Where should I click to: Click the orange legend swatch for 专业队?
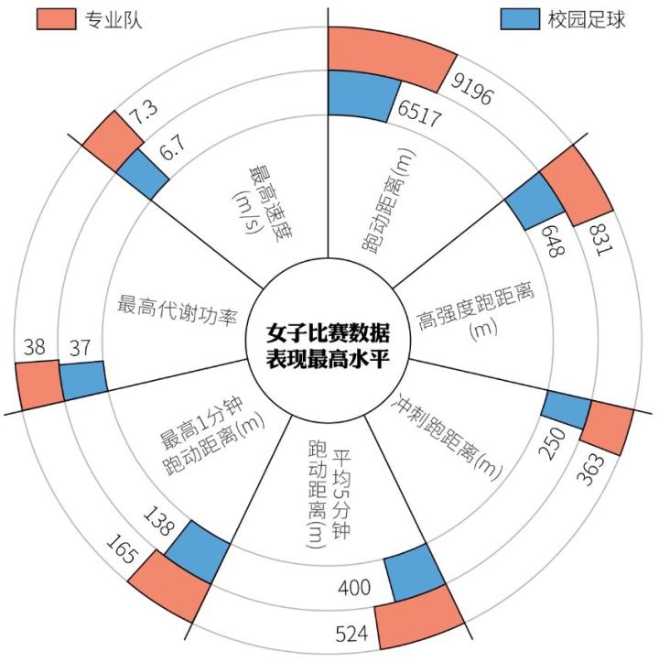point(56,19)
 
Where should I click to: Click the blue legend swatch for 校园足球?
point(520,19)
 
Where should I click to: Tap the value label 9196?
point(471,89)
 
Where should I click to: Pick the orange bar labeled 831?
point(578,186)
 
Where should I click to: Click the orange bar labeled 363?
point(607,428)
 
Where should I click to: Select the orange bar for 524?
point(419,617)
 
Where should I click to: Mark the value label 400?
point(354,587)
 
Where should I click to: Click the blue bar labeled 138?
point(198,551)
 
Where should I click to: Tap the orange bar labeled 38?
point(39,385)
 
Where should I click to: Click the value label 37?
point(80,348)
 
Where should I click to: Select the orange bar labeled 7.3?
point(113,141)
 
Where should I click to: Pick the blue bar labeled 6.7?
point(143,174)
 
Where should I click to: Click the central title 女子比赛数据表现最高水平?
point(328,345)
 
